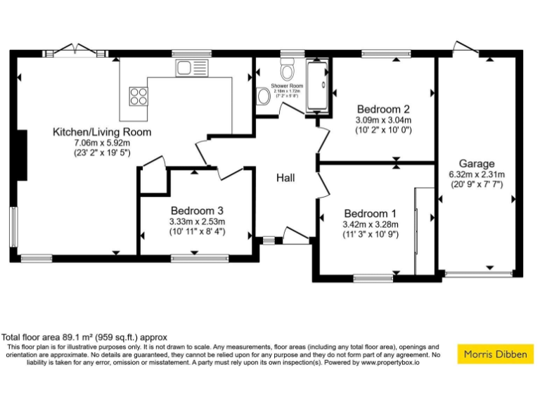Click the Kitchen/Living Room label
(102, 131)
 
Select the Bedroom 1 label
(370, 214)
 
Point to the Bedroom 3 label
(197, 210)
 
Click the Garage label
(477, 163)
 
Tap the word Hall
(285, 178)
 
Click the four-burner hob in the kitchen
(139, 95)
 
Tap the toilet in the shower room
(288, 71)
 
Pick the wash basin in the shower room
(262, 96)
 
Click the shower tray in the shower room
(317, 85)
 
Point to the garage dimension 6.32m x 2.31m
(477, 174)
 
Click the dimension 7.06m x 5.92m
(102, 143)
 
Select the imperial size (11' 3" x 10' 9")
(370, 235)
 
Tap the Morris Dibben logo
(495, 354)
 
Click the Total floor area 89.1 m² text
(84, 337)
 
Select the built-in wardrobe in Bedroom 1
(424, 231)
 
